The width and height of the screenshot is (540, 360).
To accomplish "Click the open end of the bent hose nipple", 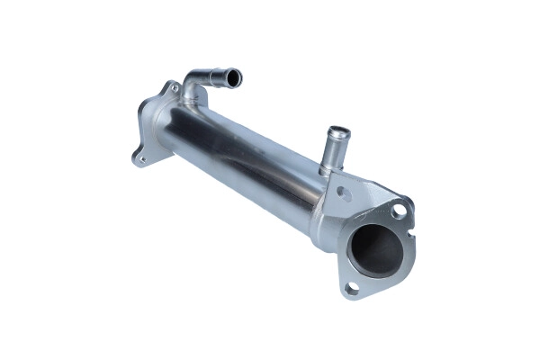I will pos(234,80).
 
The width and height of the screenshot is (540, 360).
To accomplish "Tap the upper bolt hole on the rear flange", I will pos(172,89).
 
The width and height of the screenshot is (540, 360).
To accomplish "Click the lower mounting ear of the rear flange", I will pos(139,159).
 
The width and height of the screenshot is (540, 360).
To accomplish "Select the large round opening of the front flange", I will pos(374,248).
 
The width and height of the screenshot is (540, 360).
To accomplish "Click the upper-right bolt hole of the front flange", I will pos(398,211).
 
